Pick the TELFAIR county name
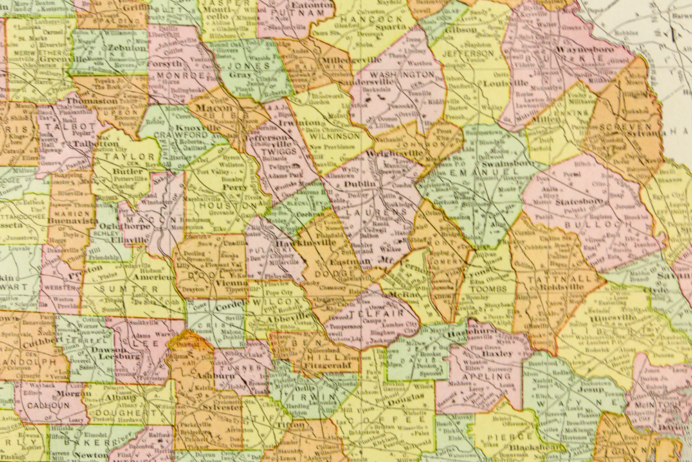click(362, 313)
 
